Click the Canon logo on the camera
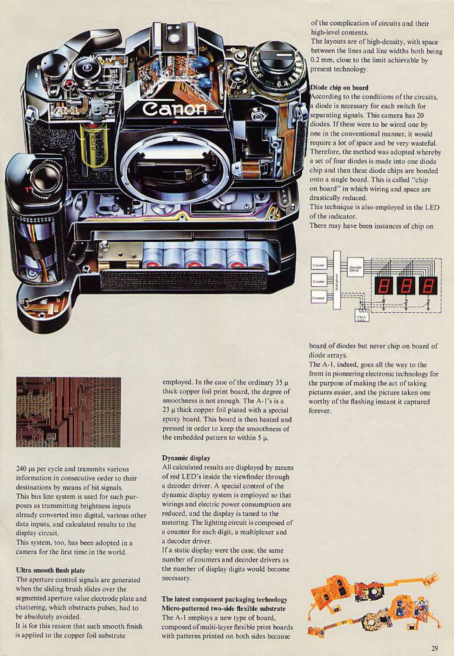175,107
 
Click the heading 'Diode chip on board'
339,87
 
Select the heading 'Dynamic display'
186,458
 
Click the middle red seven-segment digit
406,286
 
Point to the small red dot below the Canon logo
175,122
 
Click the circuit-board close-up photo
68,412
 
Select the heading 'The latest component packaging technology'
224,599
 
